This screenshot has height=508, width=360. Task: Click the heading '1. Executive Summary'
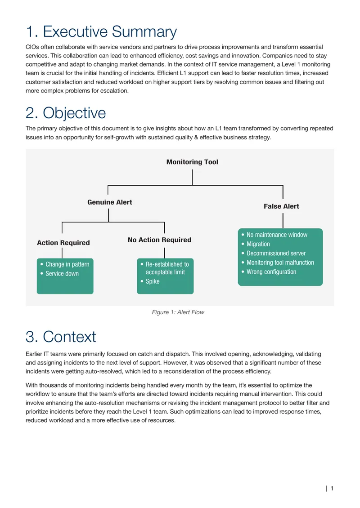click(101, 32)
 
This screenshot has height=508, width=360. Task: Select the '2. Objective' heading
click(66, 113)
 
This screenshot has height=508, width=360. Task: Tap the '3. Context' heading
click(61, 337)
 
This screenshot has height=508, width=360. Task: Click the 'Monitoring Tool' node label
click(192, 162)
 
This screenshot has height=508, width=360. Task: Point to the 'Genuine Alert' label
click(110, 202)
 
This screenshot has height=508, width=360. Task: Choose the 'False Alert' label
click(281, 206)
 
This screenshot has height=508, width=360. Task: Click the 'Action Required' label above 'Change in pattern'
click(63, 243)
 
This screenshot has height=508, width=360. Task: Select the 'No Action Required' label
click(160, 240)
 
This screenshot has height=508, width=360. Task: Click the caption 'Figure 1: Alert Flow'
click(178, 312)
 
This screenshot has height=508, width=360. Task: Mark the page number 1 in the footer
click(332, 488)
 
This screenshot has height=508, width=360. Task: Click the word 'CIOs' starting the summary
click(32, 47)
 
